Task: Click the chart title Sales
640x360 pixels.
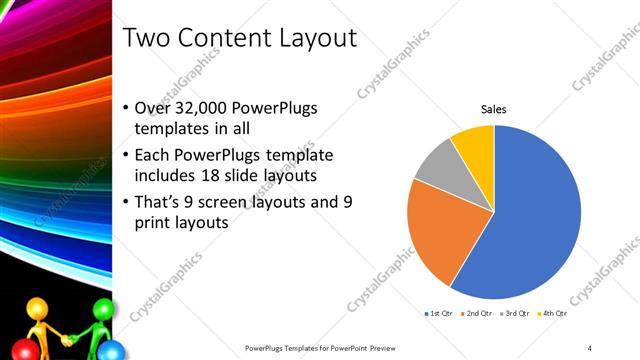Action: [x=495, y=108]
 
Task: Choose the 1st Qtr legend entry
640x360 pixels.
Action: [x=440, y=313]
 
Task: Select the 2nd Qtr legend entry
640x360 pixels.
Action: [x=479, y=313]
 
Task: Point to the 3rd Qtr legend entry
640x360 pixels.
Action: [x=517, y=313]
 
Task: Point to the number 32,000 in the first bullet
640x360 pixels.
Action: [x=204, y=108]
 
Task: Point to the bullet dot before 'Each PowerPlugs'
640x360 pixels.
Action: [x=125, y=156]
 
